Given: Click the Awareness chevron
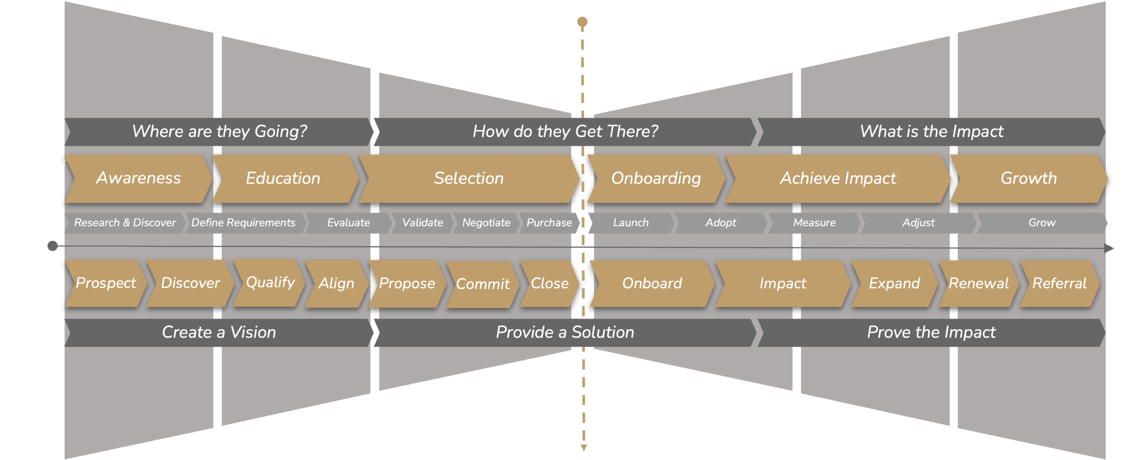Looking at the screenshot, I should pyautogui.click(x=138, y=178).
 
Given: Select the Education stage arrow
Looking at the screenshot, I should pyautogui.click(x=283, y=178).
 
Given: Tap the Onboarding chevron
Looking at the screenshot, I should pyautogui.click(x=656, y=178).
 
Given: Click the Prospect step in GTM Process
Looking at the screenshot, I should pyautogui.click(x=106, y=283).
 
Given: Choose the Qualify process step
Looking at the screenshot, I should pyautogui.click(x=270, y=282).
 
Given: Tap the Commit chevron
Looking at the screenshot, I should pyautogui.click(x=482, y=284).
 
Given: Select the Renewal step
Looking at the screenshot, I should pyautogui.click(x=978, y=283).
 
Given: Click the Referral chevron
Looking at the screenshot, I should pyautogui.click(x=1059, y=283).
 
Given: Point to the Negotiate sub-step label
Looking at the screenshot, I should pyautogui.click(x=486, y=223).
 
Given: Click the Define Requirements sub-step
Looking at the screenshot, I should pyautogui.click(x=243, y=223).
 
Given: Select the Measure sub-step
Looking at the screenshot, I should pyautogui.click(x=814, y=223).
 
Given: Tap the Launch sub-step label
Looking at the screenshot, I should pyautogui.click(x=631, y=223).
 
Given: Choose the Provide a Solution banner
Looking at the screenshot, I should pyautogui.click(x=565, y=333).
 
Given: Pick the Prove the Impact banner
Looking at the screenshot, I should pyautogui.click(x=931, y=333).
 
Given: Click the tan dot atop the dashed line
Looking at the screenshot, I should pyautogui.click(x=582, y=22).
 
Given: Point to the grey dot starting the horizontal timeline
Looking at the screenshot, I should pyautogui.click(x=52, y=246).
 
